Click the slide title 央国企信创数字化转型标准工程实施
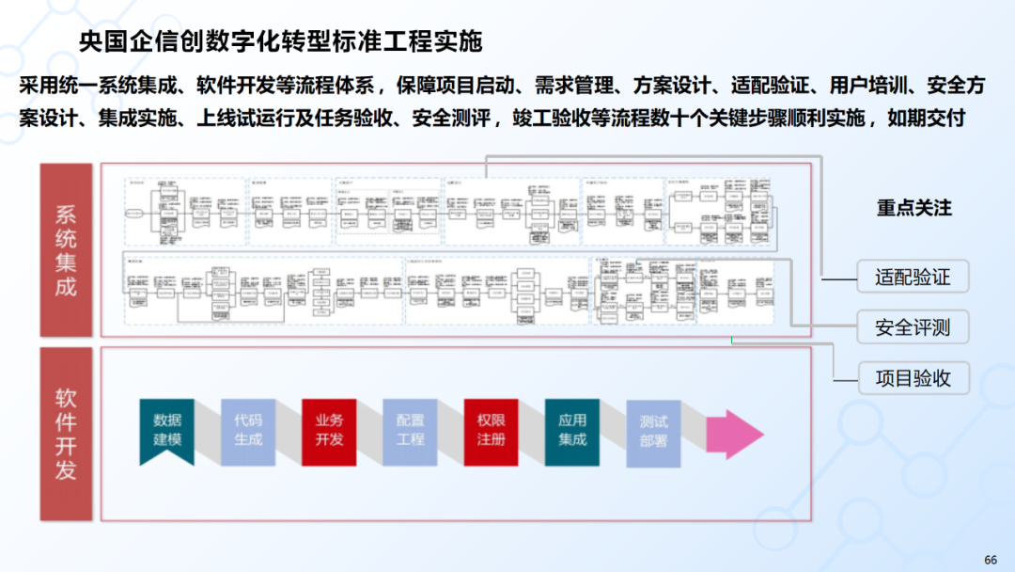280,41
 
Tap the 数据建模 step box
167,431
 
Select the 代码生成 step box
248,431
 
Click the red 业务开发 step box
329,431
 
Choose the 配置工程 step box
410,431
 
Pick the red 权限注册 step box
491,431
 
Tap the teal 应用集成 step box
571,431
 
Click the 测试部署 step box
653,431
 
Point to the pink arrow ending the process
735,433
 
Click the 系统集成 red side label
66,250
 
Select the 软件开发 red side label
66,434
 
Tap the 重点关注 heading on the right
913,208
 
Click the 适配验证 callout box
913,277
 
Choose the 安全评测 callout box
913,327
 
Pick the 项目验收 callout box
913,378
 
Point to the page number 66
990,560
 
